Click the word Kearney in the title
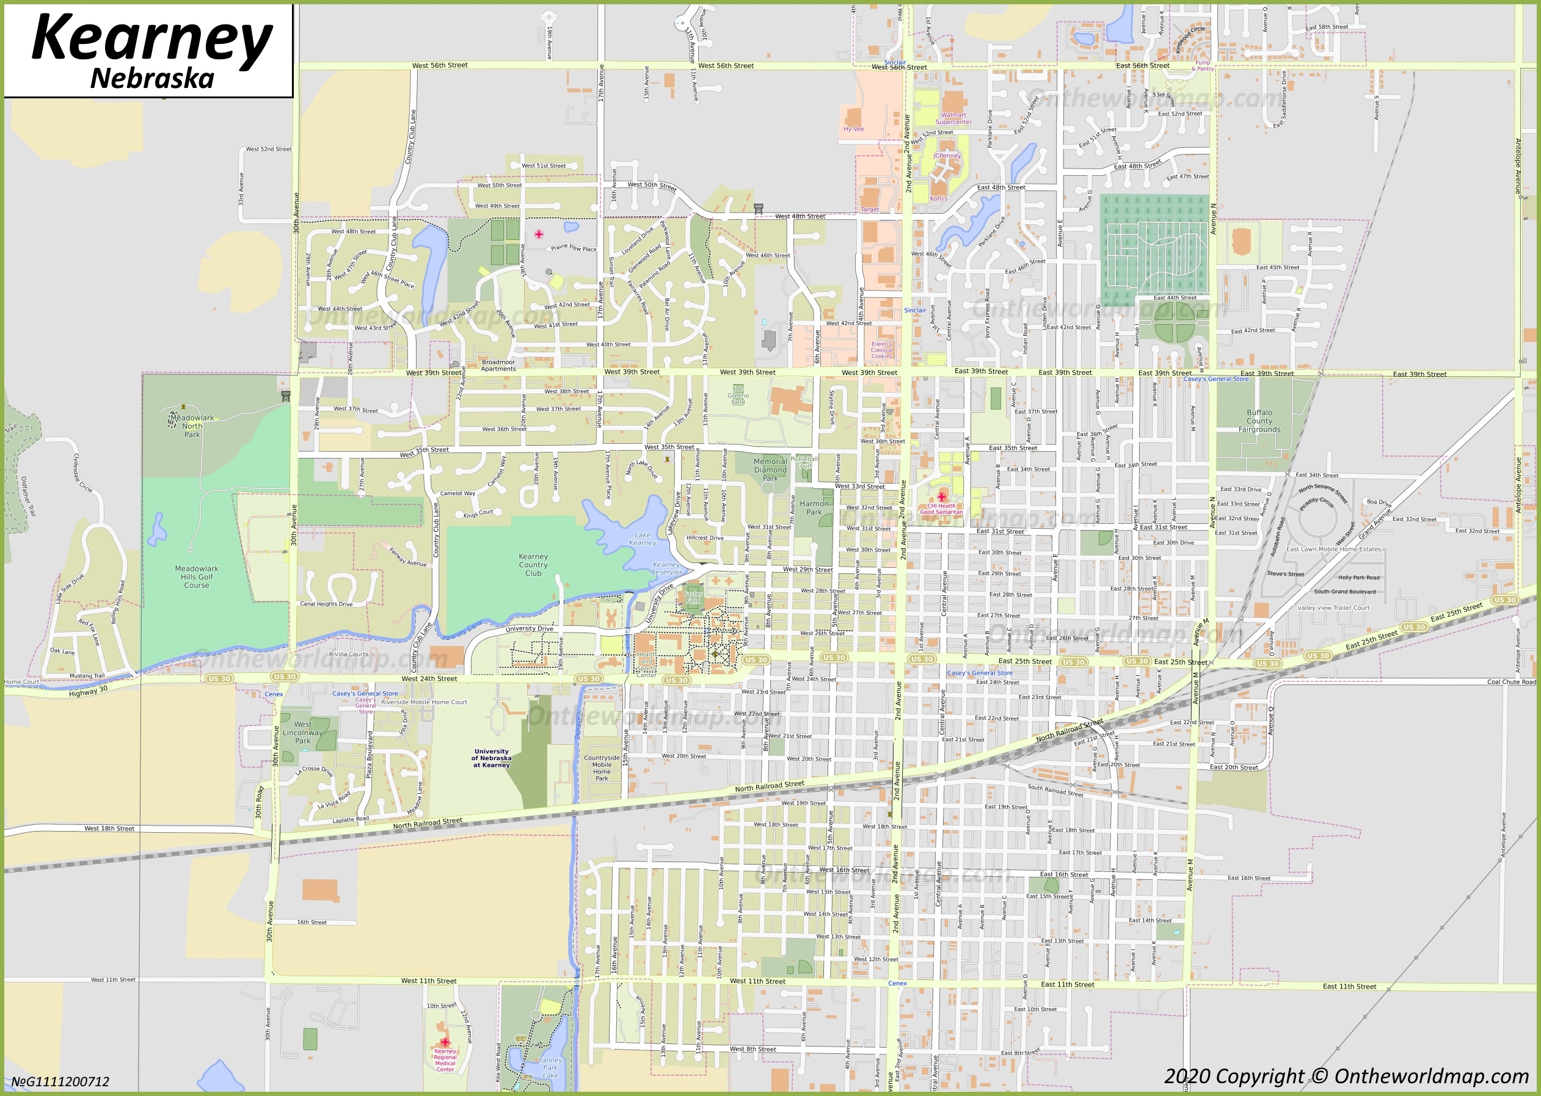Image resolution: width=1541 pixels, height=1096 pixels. tap(152, 39)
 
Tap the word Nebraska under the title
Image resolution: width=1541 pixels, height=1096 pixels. tap(153, 79)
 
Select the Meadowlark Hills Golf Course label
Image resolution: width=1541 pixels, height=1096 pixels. tap(197, 577)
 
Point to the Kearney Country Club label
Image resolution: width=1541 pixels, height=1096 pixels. tap(533, 565)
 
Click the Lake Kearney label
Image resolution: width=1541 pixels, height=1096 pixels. tap(642, 539)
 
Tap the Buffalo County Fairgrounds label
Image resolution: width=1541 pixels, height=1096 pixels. tap(1259, 421)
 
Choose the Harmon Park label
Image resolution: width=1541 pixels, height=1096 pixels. tap(814, 507)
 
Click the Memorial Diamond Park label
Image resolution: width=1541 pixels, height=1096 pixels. tap(770, 470)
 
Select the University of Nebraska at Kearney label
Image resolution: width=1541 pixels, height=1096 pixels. tap(492, 758)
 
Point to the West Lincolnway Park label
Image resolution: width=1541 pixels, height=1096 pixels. tap(302, 732)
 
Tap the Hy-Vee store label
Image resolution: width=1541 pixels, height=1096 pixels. tap(853, 129)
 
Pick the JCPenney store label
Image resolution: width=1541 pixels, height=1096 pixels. tap(946, 156)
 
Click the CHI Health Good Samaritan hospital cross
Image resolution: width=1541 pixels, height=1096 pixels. tap(942, 496)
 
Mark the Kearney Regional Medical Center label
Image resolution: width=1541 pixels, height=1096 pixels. tap(445, 1059)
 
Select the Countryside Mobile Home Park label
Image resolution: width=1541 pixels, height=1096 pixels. tap(602, 768)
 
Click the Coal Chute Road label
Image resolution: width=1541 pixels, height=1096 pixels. tap(1511, 681)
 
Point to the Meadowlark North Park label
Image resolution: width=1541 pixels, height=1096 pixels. tap(192, 426)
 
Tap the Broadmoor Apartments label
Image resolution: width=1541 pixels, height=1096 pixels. tap(498, 365)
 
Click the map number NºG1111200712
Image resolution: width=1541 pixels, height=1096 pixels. tap(60, 1082)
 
